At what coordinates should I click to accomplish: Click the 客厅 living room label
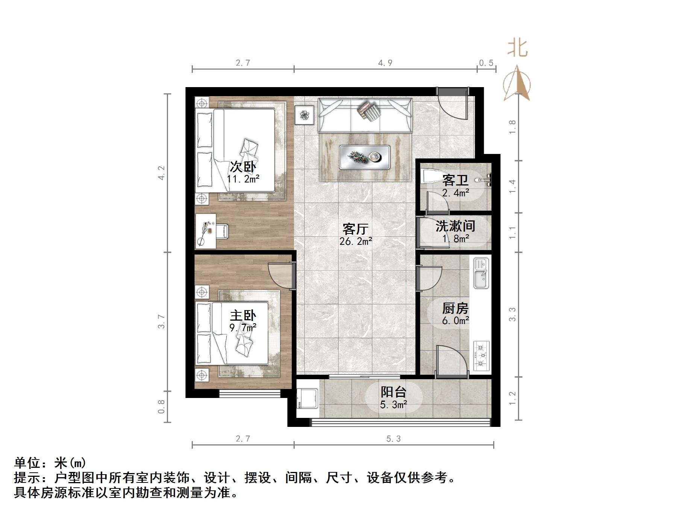(x=355, y=229)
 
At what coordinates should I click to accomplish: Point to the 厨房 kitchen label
(x=455, y=309)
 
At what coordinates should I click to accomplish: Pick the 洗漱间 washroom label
(x=455, y=226)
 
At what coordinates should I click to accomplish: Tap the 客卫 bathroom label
(x=455, y=181)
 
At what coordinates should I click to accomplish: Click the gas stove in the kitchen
(x=481, y=355)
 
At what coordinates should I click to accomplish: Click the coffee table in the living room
(x=365, y=157)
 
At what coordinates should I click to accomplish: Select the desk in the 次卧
(x=206, y=231)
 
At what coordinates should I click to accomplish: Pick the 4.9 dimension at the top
(x=385, y=63)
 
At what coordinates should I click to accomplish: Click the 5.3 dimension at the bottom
(x=394, y=439)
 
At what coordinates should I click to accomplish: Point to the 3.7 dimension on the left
(x=161, y=322)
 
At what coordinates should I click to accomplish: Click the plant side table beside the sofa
(x=304, y=115)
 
